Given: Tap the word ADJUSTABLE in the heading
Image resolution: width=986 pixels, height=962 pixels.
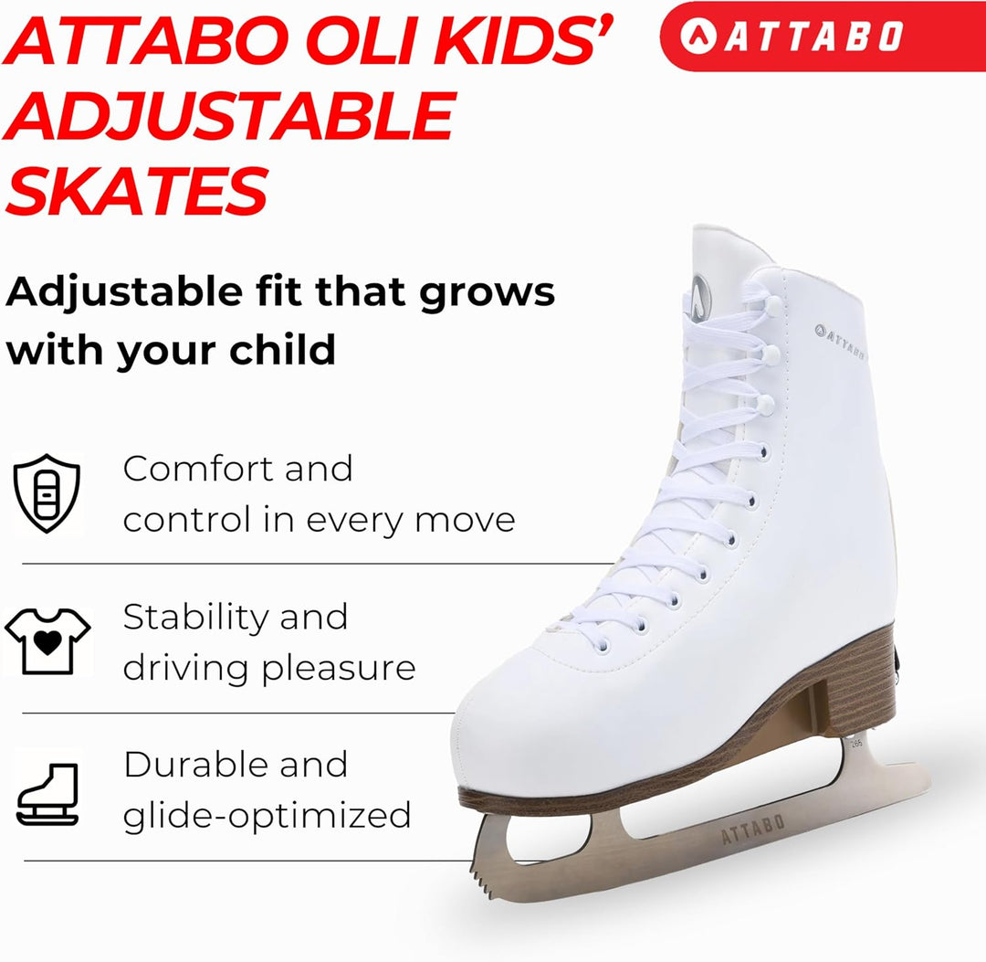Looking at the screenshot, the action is (229, 116).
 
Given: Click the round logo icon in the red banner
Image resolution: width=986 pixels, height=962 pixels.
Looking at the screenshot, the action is (698, 36).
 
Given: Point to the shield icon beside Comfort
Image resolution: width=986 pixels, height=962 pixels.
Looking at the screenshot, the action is (47, 492).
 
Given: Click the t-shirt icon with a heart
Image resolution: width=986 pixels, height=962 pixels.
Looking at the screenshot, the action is (47, 641).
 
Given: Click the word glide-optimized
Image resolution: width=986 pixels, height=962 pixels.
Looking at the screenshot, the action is (267, 816).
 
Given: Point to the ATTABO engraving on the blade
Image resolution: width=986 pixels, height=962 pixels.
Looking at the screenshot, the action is (752, 830).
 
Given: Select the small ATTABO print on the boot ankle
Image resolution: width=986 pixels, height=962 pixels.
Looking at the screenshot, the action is (840, 342).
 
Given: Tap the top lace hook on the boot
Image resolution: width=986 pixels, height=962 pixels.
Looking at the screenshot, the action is (773, 306).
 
